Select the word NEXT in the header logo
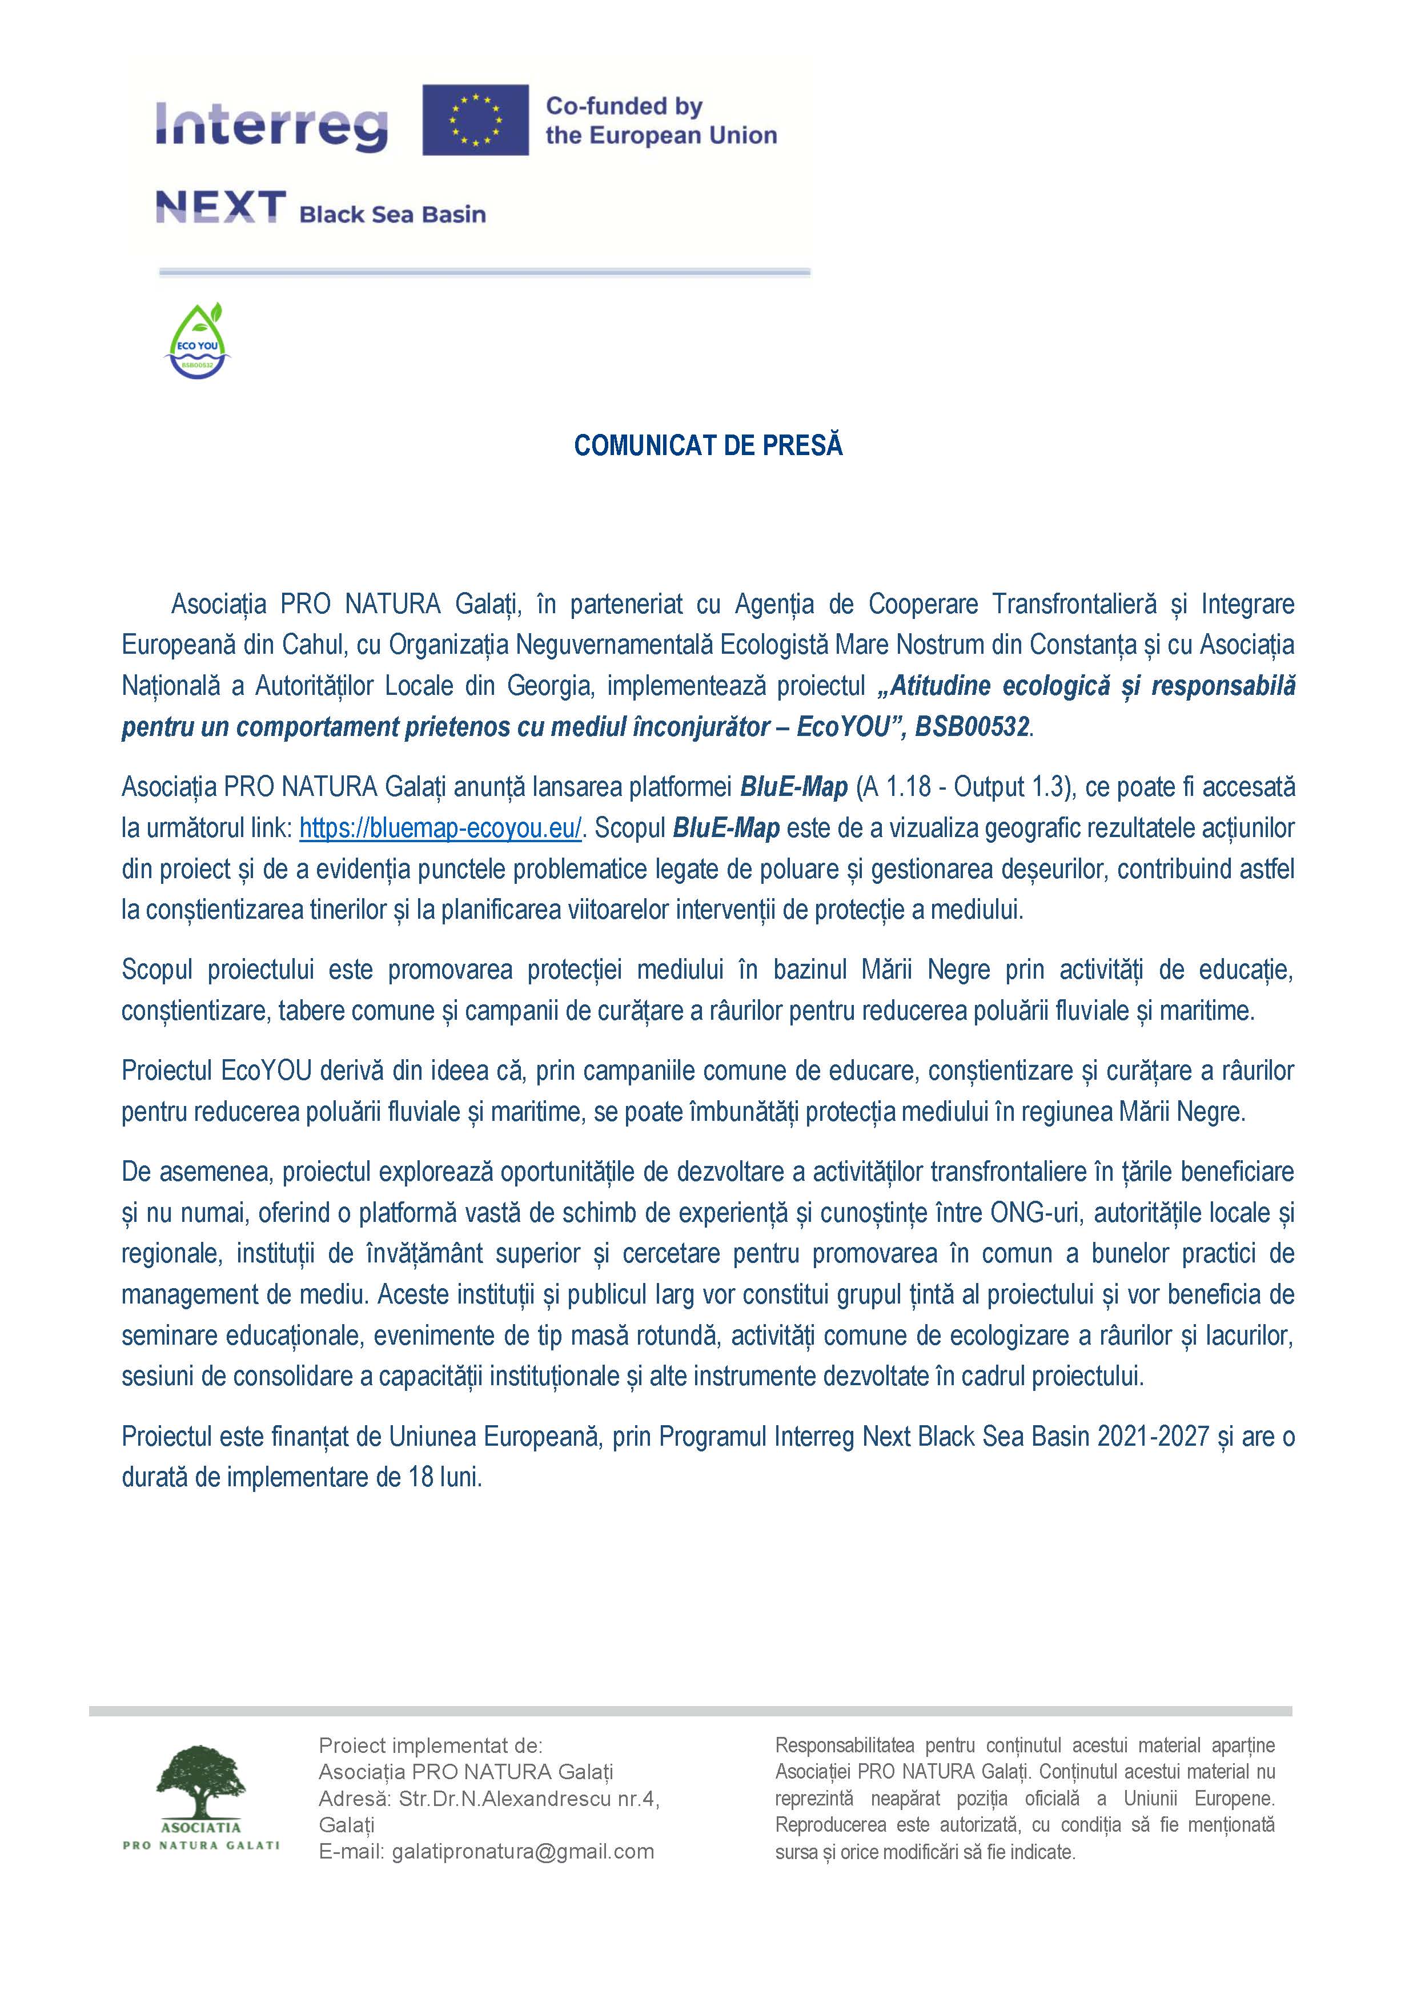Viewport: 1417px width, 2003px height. point(221,208)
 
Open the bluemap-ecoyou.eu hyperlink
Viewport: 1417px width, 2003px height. point(440,828)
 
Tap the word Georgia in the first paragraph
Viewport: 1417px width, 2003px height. point(548,686)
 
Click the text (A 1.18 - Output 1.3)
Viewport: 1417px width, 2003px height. point(964,787)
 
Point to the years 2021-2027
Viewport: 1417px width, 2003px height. point(1153,1437)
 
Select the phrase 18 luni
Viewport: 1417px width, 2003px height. point(444,1478)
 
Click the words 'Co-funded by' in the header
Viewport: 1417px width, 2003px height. point(624,106)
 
